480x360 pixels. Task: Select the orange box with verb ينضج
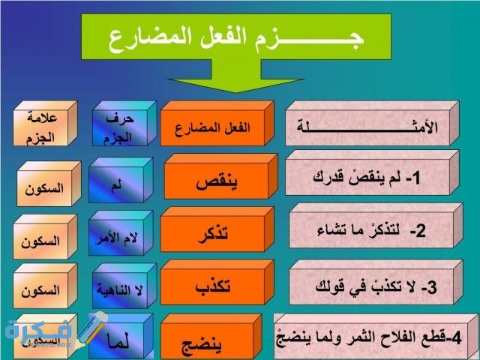pyautogui.click(x=213, y=341)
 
